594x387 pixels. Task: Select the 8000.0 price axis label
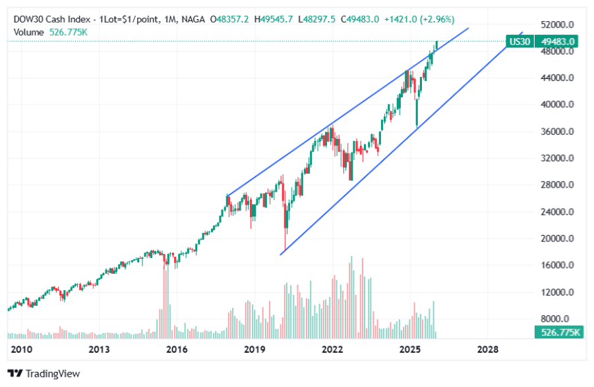coord(558,319)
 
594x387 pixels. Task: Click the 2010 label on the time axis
coord(21,349)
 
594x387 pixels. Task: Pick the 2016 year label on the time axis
coord(177,349)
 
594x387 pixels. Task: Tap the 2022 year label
coord(332,349)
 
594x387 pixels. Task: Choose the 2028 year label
coord(488,349)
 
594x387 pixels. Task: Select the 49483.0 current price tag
coord(559,41)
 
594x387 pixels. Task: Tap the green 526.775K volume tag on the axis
coord(559,332)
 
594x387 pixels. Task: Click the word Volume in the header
coord(28,32)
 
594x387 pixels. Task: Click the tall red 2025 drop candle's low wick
coord(417,125)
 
